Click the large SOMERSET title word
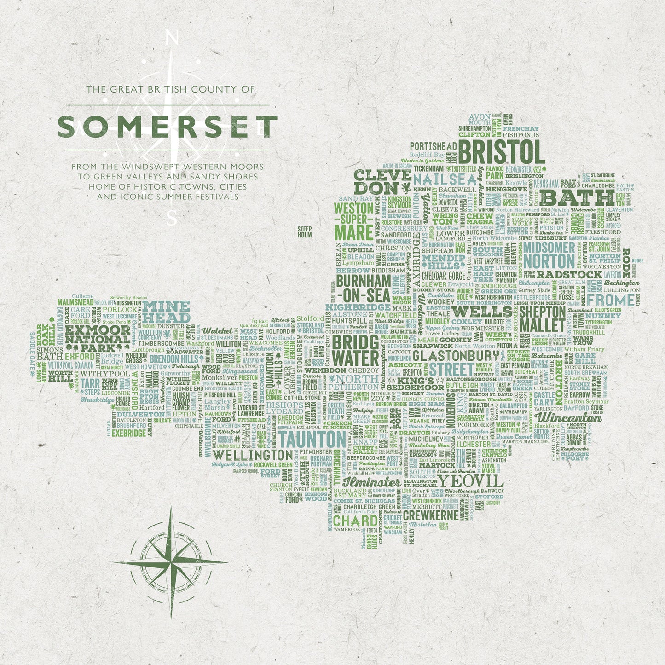pyautogui.click(x=168, y=127)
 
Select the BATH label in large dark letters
pyautogui.click(x=577, y=198)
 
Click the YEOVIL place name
pyautogui.click(x=470, y=481)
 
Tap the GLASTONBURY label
pyautogui.click(x=455, y=356)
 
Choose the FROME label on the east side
pyautogui.click(x=611, y=300)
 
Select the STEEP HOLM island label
pyautogui.click(x=305, y=231)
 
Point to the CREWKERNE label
pyautogui.click(x=431, y=515)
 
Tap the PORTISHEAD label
pyautogui.click(x=433, y=146)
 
